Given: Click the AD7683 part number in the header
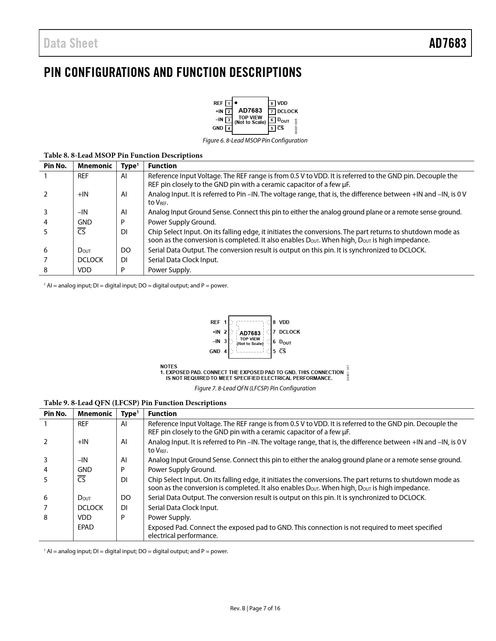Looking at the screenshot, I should (x=447, y=43).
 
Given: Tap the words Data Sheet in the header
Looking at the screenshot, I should (x=71, y=43).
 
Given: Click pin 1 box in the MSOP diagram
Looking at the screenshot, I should (x=229, y=103).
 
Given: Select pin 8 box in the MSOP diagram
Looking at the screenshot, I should (x=272, y=103).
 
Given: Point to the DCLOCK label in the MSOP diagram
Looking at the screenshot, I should (x=287, y=111).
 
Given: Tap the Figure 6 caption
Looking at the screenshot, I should (x=255, y=141).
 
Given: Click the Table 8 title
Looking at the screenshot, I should (x=123, y=155).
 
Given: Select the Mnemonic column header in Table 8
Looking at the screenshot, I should (x=95, y=166).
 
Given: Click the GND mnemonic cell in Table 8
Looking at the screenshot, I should (x=85, y=222).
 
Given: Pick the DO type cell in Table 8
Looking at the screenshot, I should (x=126, y=250).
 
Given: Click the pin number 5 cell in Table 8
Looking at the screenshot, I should (x=46, y=232).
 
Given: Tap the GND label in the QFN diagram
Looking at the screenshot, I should (x=215, y=352).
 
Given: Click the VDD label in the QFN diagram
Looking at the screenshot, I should (x=284, y=322).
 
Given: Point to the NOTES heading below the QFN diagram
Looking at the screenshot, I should (x=168, y=366).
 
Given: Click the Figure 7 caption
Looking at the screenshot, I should (x=255, y=388).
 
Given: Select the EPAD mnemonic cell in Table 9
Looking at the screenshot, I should (x=86, y=527).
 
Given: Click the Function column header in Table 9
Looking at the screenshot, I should (x=162, y=414).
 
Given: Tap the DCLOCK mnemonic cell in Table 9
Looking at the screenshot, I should (x=90, y=508).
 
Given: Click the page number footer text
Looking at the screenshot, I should (x=255, y=608).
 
